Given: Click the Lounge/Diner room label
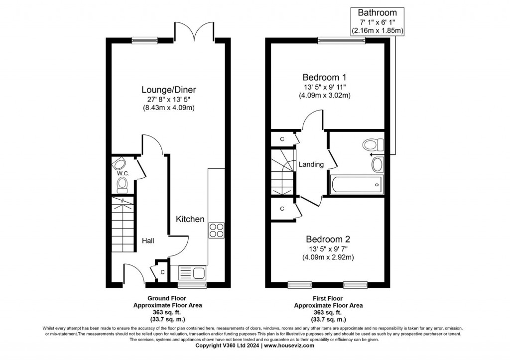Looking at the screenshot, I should pos(168,90).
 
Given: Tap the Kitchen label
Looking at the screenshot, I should pos(190,219).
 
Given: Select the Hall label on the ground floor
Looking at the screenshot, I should pos(148,241).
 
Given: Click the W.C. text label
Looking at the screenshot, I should pos(123,173).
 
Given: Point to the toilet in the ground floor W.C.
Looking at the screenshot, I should pos(122,185).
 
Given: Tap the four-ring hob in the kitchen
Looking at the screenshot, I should pos(216,230).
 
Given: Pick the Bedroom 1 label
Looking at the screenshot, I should pos(324,78).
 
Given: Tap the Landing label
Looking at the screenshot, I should pos(311,164).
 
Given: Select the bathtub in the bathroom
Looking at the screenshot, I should pos(356,185).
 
